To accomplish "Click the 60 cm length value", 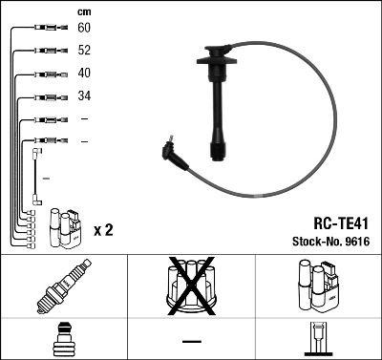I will click(x=83, y=29).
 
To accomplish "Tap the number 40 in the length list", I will click(x=83, y=74).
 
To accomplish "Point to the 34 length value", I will click(x=83, y=96).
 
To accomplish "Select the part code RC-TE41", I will click(x=338, y=220).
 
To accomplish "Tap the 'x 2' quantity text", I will click(x=104, y=230).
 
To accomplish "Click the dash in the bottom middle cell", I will click(x=191, y=341).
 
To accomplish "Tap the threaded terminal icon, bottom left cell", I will click(x=63, y=340).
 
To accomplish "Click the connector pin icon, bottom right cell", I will click(x=318, y=340).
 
